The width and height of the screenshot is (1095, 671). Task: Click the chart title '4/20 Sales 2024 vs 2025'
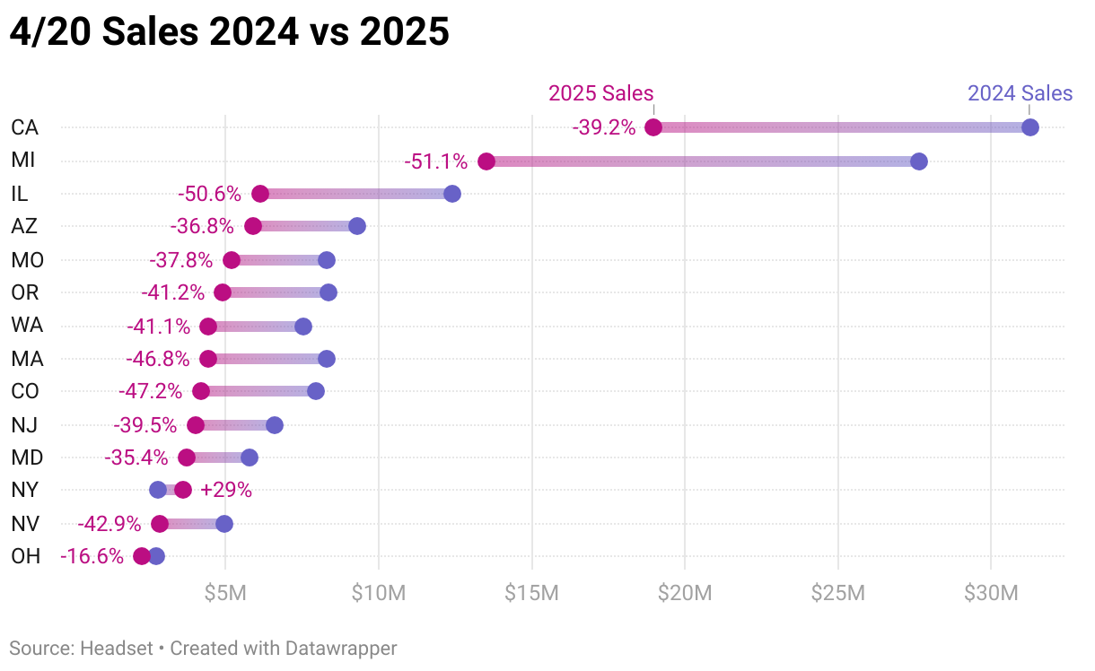(229, 32)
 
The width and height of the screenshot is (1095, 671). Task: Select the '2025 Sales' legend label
(600, 93)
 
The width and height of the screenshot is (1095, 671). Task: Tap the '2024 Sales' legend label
(1020, 93)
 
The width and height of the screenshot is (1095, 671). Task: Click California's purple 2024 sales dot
(1030, 127)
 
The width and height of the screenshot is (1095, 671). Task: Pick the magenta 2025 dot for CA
(653, 127)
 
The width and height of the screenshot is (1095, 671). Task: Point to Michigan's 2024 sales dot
(918, 161)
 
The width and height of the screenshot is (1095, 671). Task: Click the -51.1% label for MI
(435, 161)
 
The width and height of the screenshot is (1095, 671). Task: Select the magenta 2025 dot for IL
(260, 194)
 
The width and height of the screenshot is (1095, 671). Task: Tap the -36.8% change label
(202, 227)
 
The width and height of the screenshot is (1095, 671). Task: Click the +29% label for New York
(226, 490)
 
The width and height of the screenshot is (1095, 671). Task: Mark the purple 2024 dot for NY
(158, 490)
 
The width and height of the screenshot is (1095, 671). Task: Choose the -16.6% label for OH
(92, 556)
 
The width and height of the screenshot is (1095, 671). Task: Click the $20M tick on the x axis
(685, 593)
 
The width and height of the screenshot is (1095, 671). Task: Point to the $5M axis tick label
(225, 593)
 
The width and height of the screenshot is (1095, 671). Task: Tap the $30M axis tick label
(991, 593)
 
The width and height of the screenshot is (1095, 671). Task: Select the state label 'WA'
(27, 326)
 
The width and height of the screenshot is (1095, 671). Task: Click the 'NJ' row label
(24, 424)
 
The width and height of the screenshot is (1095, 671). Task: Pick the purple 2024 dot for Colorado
(316, 391)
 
